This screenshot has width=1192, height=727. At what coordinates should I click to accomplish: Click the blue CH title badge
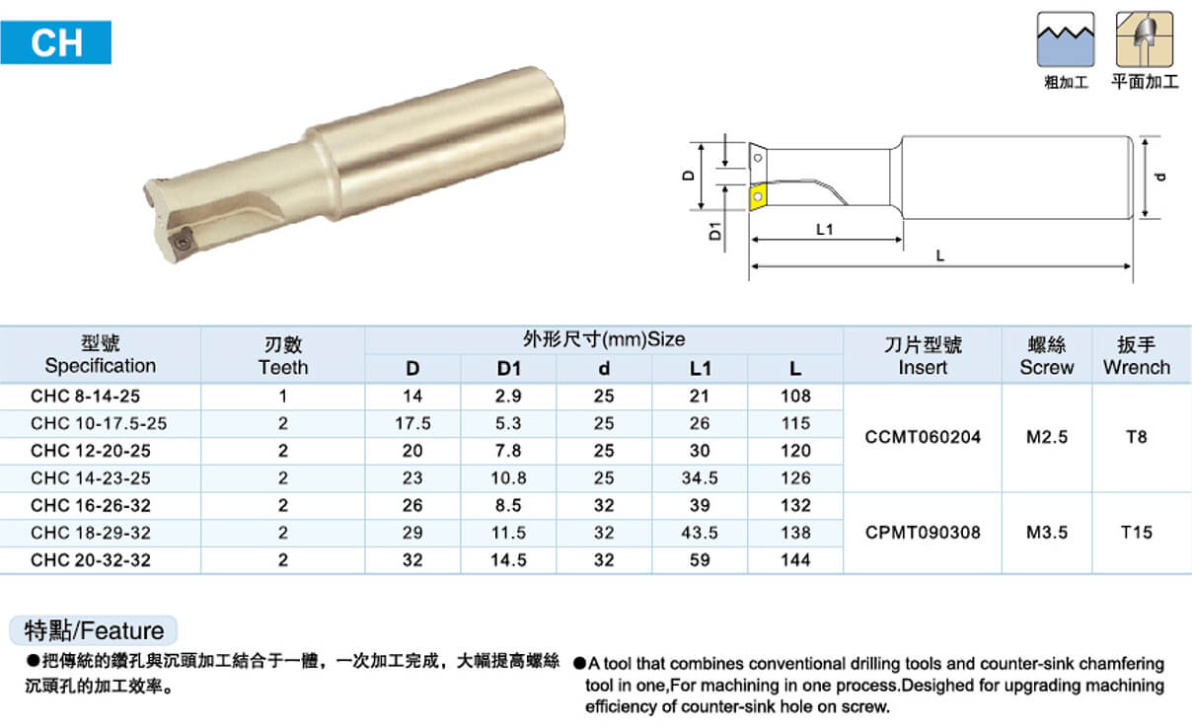tap(56, 42)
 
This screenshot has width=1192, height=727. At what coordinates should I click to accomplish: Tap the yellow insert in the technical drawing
tap(757, 196)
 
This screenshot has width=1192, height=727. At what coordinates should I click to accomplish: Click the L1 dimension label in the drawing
tap(824, 229)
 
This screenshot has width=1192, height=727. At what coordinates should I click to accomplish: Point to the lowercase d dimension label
tap(1160, 178)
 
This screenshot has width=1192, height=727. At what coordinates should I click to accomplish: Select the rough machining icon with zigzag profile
tap(1066, 39)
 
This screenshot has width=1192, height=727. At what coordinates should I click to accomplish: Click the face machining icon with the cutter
tap(1144, 39)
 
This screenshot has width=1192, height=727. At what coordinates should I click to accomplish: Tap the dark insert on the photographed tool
tap(182, 243)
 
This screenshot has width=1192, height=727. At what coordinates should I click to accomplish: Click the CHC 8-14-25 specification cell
tap(85, 397)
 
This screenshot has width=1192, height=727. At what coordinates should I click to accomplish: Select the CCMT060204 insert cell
tap(923, 437)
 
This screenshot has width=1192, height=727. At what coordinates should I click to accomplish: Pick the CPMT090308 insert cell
tap(923, 533)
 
